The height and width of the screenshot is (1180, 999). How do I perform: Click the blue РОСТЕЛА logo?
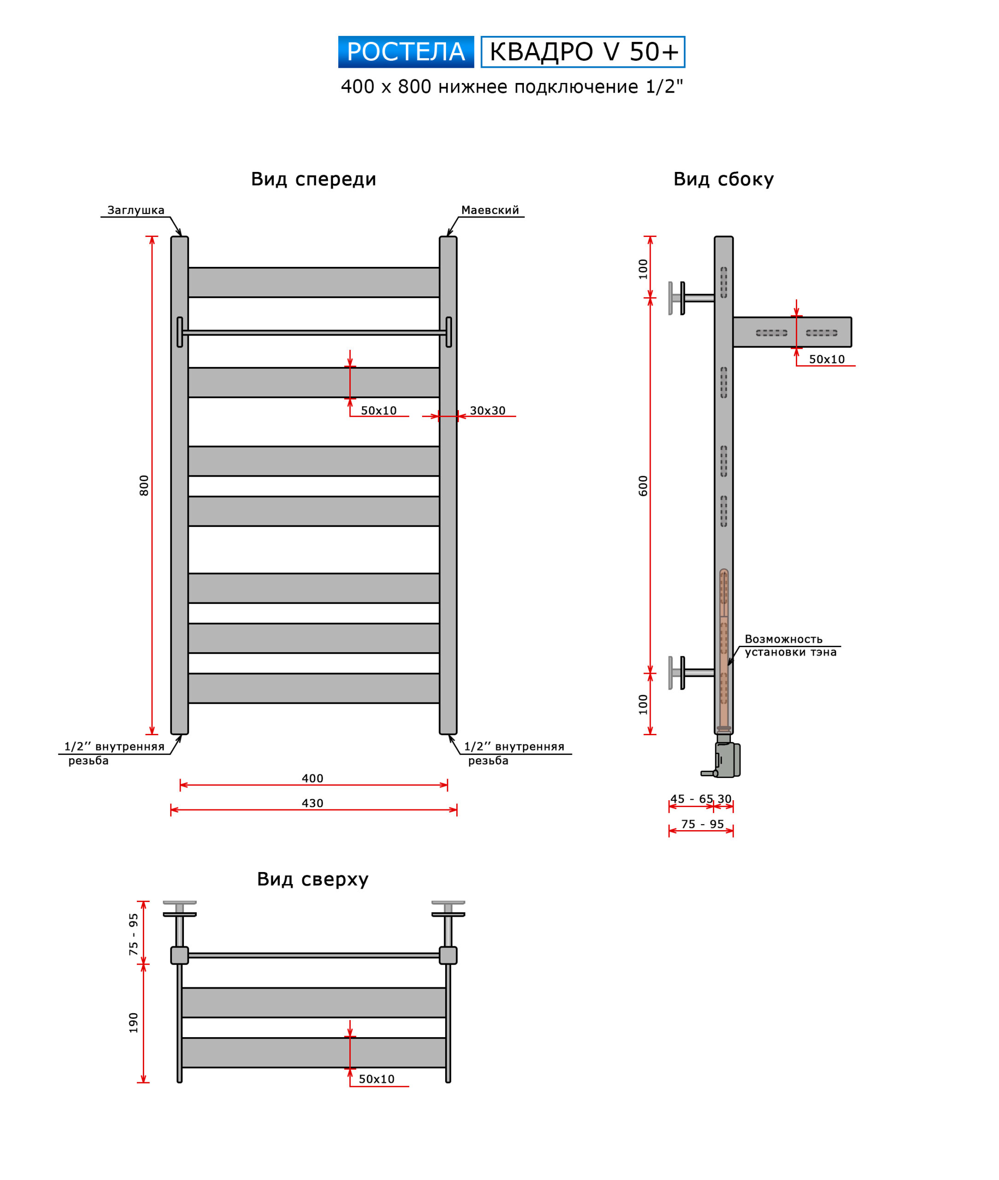(x=405, y=52)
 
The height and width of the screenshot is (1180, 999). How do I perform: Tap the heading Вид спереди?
(x=313, y=179)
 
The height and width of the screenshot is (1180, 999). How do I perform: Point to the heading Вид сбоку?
(x=723, y=179)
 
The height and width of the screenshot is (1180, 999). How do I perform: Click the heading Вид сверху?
(x=312, y=879)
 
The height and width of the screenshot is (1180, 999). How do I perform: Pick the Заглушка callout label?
(x=136, y=210)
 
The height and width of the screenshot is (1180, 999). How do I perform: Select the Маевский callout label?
(x=490, y=210)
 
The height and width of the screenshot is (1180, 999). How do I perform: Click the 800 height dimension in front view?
(x=144, y=485)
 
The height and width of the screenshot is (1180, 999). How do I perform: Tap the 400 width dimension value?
(x=312, y=779)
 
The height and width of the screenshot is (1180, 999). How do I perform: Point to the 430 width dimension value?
(x=312, y=803)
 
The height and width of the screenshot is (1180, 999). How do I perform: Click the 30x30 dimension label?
(x=487, y=411)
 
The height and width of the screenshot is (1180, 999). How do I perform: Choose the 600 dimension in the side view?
(x=643, y=485)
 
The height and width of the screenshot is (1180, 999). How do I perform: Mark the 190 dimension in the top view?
(x=134, y=1022)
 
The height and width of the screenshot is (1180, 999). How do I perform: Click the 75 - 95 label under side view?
(x=702, y=824)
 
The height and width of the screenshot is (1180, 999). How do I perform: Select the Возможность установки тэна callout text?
(x=789, y=645)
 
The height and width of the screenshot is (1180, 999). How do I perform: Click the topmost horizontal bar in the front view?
(x=313, y=282)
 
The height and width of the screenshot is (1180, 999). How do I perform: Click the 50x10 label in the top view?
(x=376, y=1079)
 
